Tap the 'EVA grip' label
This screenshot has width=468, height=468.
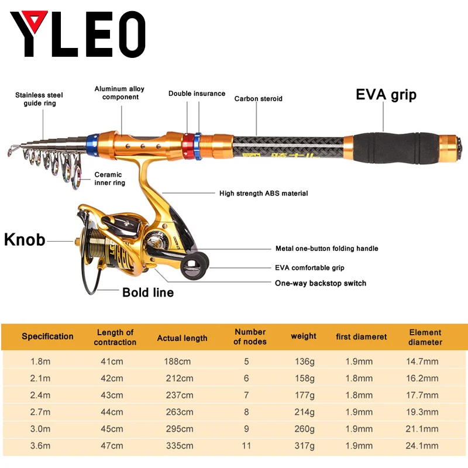pos(386,95)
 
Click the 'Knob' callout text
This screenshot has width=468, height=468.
pos(25,240)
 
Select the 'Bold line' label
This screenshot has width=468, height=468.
pos(148,292)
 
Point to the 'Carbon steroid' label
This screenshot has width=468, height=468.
pos(259,99)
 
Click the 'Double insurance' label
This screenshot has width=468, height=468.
pos(197,94)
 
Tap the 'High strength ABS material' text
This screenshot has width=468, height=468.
pos(263,193)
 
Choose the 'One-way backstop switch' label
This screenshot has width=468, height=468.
pos(321,283)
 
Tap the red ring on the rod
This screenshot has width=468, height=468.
pos(188,145)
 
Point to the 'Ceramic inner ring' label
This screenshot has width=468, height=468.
pos(109,178)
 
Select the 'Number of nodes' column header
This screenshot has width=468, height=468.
pos(250,336)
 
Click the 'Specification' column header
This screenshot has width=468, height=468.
pos(47,336)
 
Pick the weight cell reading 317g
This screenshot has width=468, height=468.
pos(303,446)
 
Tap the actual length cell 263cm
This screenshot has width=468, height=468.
pos(178,412)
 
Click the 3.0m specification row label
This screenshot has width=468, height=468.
pos(40,429)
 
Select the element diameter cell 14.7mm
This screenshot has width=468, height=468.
pos(422,362)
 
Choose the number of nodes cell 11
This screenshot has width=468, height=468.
pos(246,446)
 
